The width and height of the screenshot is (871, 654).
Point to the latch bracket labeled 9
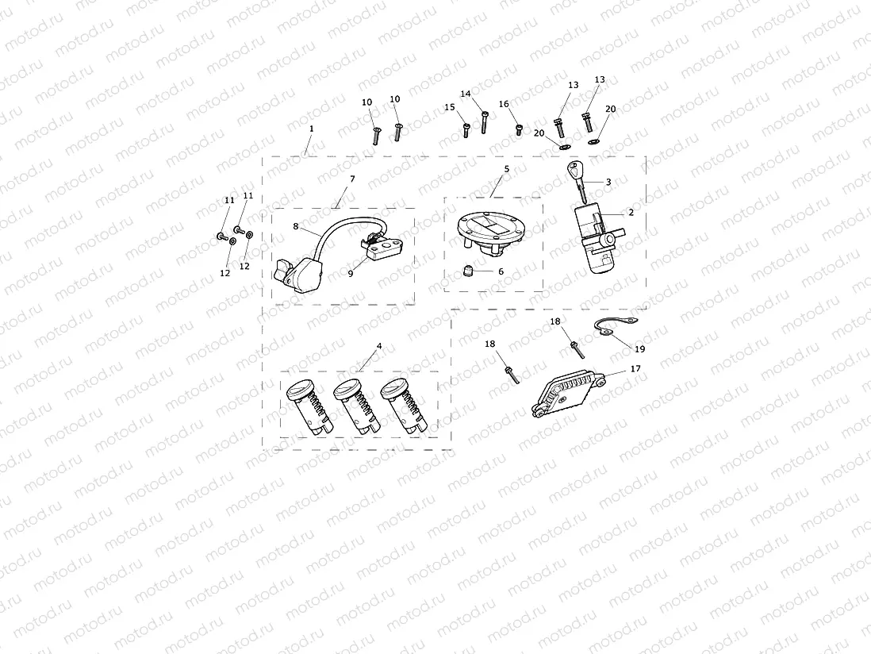(x=380, y=247)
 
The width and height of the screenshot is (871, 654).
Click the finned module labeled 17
(x=569, y=393)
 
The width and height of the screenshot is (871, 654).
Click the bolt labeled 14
(x=483, y=123)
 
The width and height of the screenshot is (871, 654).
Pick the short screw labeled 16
(x=519, y=129)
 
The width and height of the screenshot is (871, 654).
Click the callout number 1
(x=312, y=128)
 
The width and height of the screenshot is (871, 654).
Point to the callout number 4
(x=379, y=347)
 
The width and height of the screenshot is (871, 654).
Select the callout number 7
(x=352, y=179)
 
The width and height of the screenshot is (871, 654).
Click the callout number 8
(x=296, y=226)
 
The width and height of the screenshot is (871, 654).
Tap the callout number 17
(x=635, y=369)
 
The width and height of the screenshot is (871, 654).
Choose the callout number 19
(x=639, y=348)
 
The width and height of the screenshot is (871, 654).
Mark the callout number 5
(x=505, y=169)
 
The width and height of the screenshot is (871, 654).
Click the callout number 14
(x=466, y=94)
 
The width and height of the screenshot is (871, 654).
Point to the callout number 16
(x=504, y=104)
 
